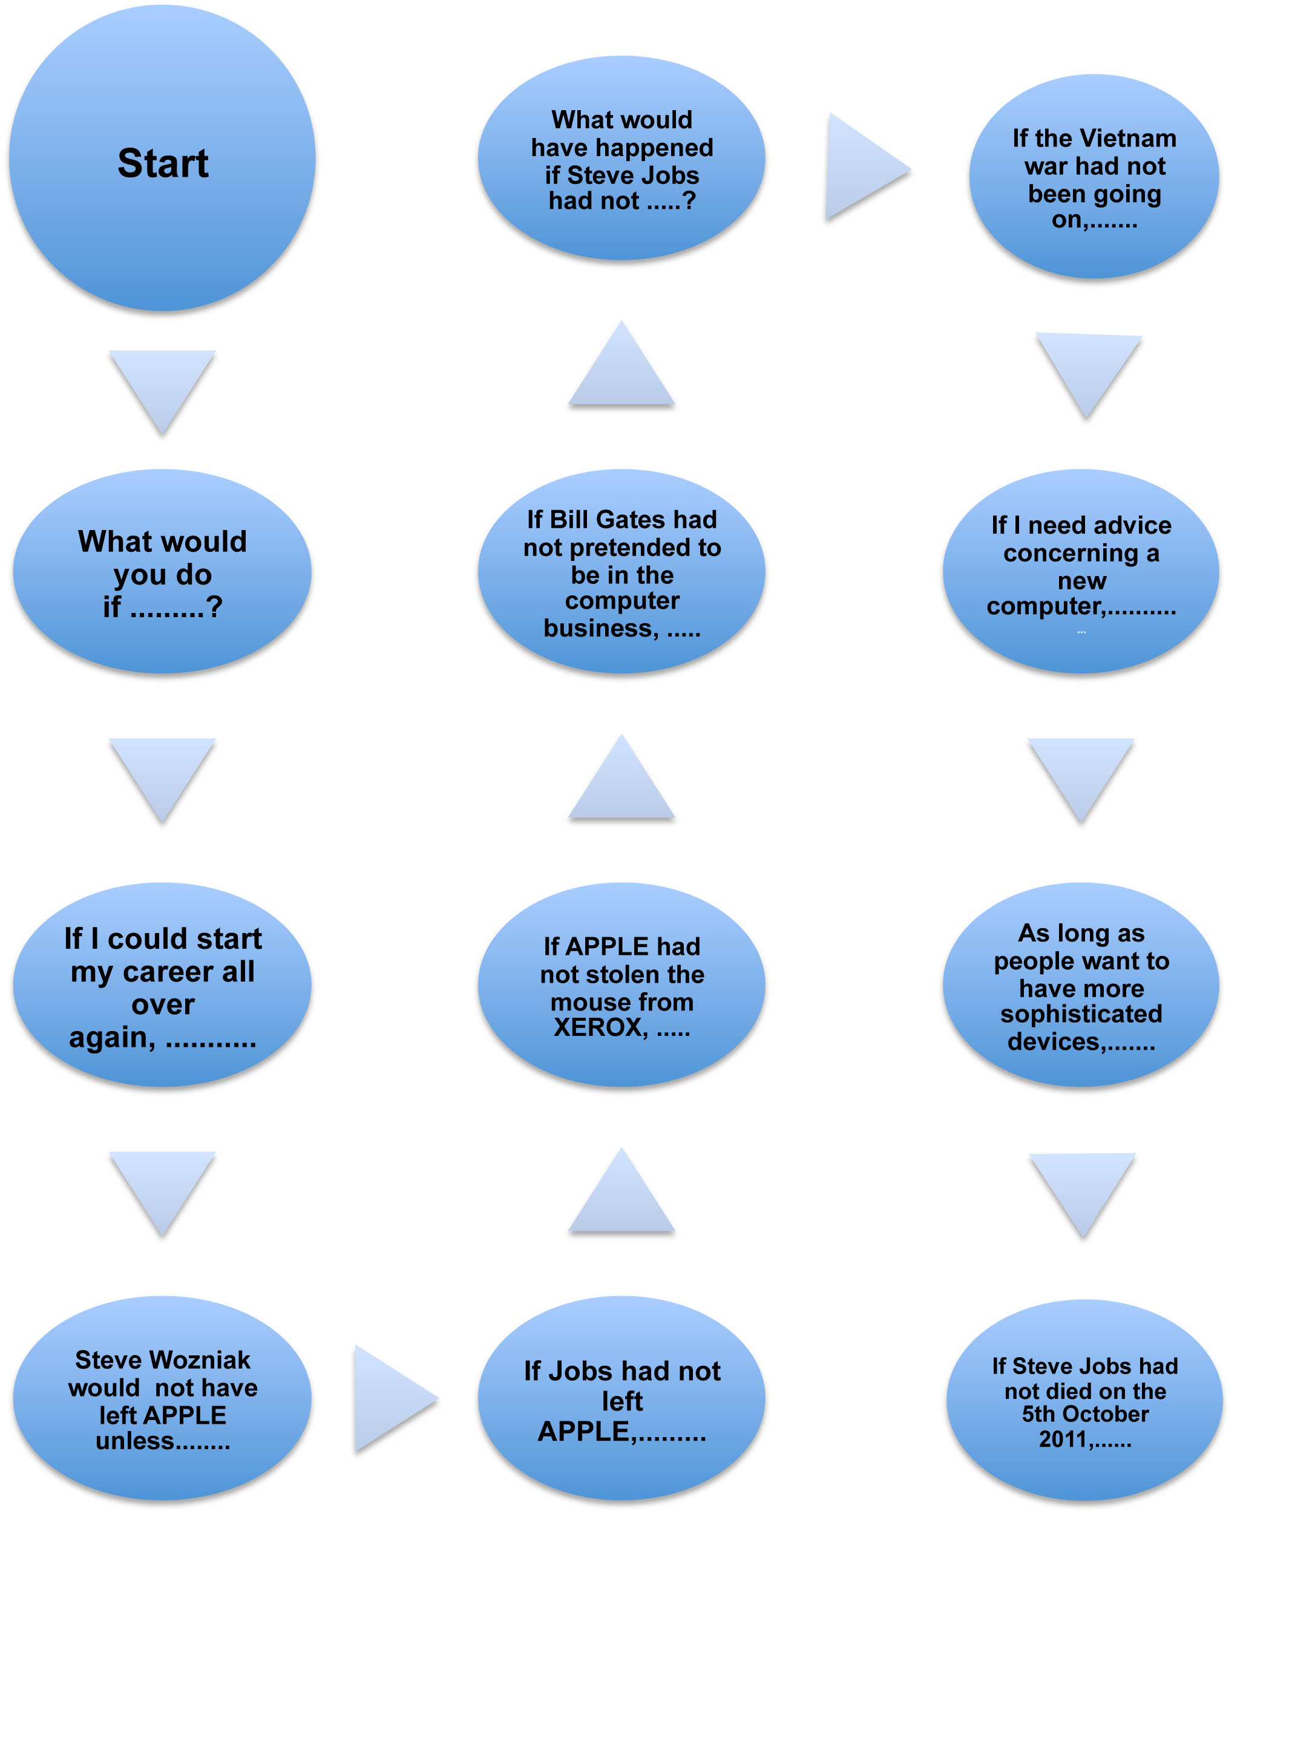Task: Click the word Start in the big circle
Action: pyautogui.click(x=163, y=163)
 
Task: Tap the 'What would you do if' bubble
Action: pyautogui.click(x=162, y=572)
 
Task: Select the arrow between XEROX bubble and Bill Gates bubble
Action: pyautogui.click(x=621, y=782)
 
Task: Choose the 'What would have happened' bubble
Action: pyautogui.click(x=621, y=159)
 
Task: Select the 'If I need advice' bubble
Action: pyautogui.click(x=1081, y=572)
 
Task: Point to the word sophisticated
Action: pyautogui.click(x=1081, y=1014)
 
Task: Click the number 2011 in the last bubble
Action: pyautogui.click(x=1062, y=1439)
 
